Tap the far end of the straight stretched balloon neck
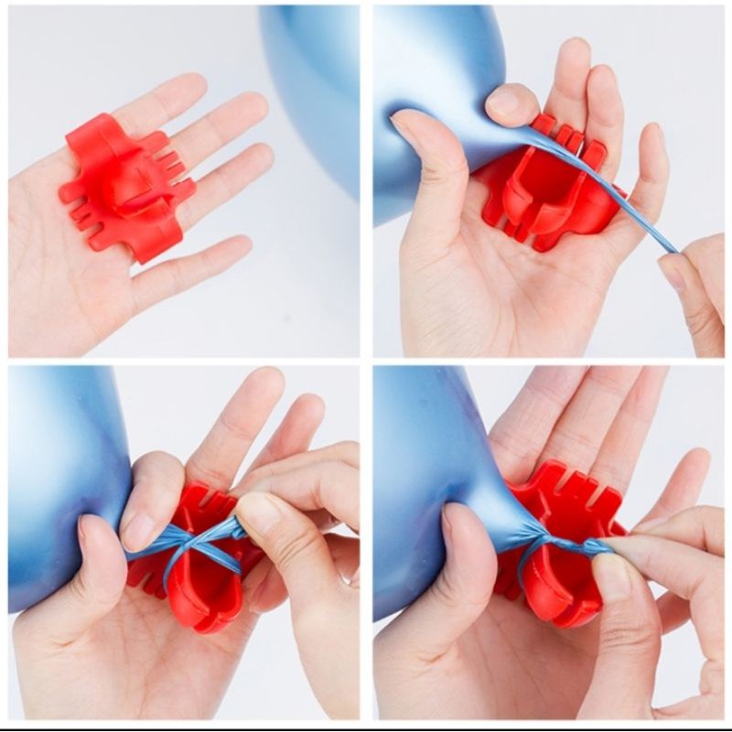(x=673, y=249)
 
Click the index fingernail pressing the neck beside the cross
(x=137, y=531)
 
